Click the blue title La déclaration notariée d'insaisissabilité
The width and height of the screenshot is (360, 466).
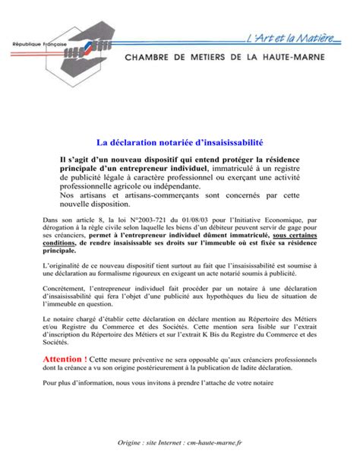tap(180, 143)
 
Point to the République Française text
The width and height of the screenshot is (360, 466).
tap(38, 46)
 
